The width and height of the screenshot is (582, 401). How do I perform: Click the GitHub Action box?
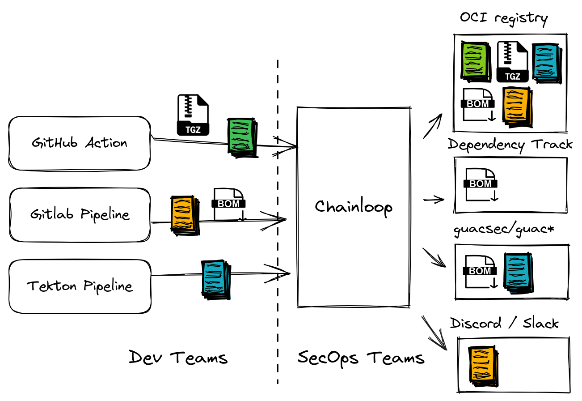[80, 143]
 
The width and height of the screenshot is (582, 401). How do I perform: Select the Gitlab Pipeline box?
[80, 215]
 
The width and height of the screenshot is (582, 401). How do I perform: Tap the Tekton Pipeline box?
[80, 286]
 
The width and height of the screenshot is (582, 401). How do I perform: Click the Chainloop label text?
[354, 207]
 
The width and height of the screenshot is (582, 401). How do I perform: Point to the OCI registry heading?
[504, 18]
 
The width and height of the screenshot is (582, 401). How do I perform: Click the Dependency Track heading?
[510, 145]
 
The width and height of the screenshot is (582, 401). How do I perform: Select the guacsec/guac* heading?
[504, 230]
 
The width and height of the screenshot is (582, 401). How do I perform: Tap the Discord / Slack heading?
[504, 323]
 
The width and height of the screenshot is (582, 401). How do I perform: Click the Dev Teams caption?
[178, 358]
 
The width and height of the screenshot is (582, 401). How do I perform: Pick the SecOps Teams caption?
[361, 358]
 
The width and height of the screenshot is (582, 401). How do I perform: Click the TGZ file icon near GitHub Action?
[193, 115]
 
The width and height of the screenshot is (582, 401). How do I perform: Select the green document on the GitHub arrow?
[243, 137]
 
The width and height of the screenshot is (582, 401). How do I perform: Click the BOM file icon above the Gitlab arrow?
[229, 204]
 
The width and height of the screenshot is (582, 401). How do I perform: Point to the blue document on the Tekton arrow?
[216, 280]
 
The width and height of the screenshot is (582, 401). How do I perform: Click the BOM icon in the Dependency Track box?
[481, 184]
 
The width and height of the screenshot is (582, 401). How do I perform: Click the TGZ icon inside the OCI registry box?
[512, 62]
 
